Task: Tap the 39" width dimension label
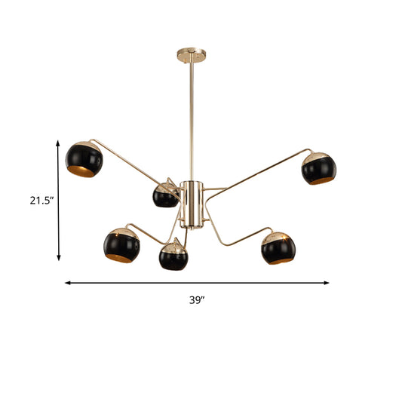[x=198, y=299]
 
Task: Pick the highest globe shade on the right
[x=318, y=168]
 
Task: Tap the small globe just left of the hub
[x=165, y=196]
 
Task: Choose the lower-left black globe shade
[x=122, y=246]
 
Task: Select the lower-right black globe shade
[x=278, y=247]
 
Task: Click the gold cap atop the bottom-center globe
[x=173, y=244]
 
